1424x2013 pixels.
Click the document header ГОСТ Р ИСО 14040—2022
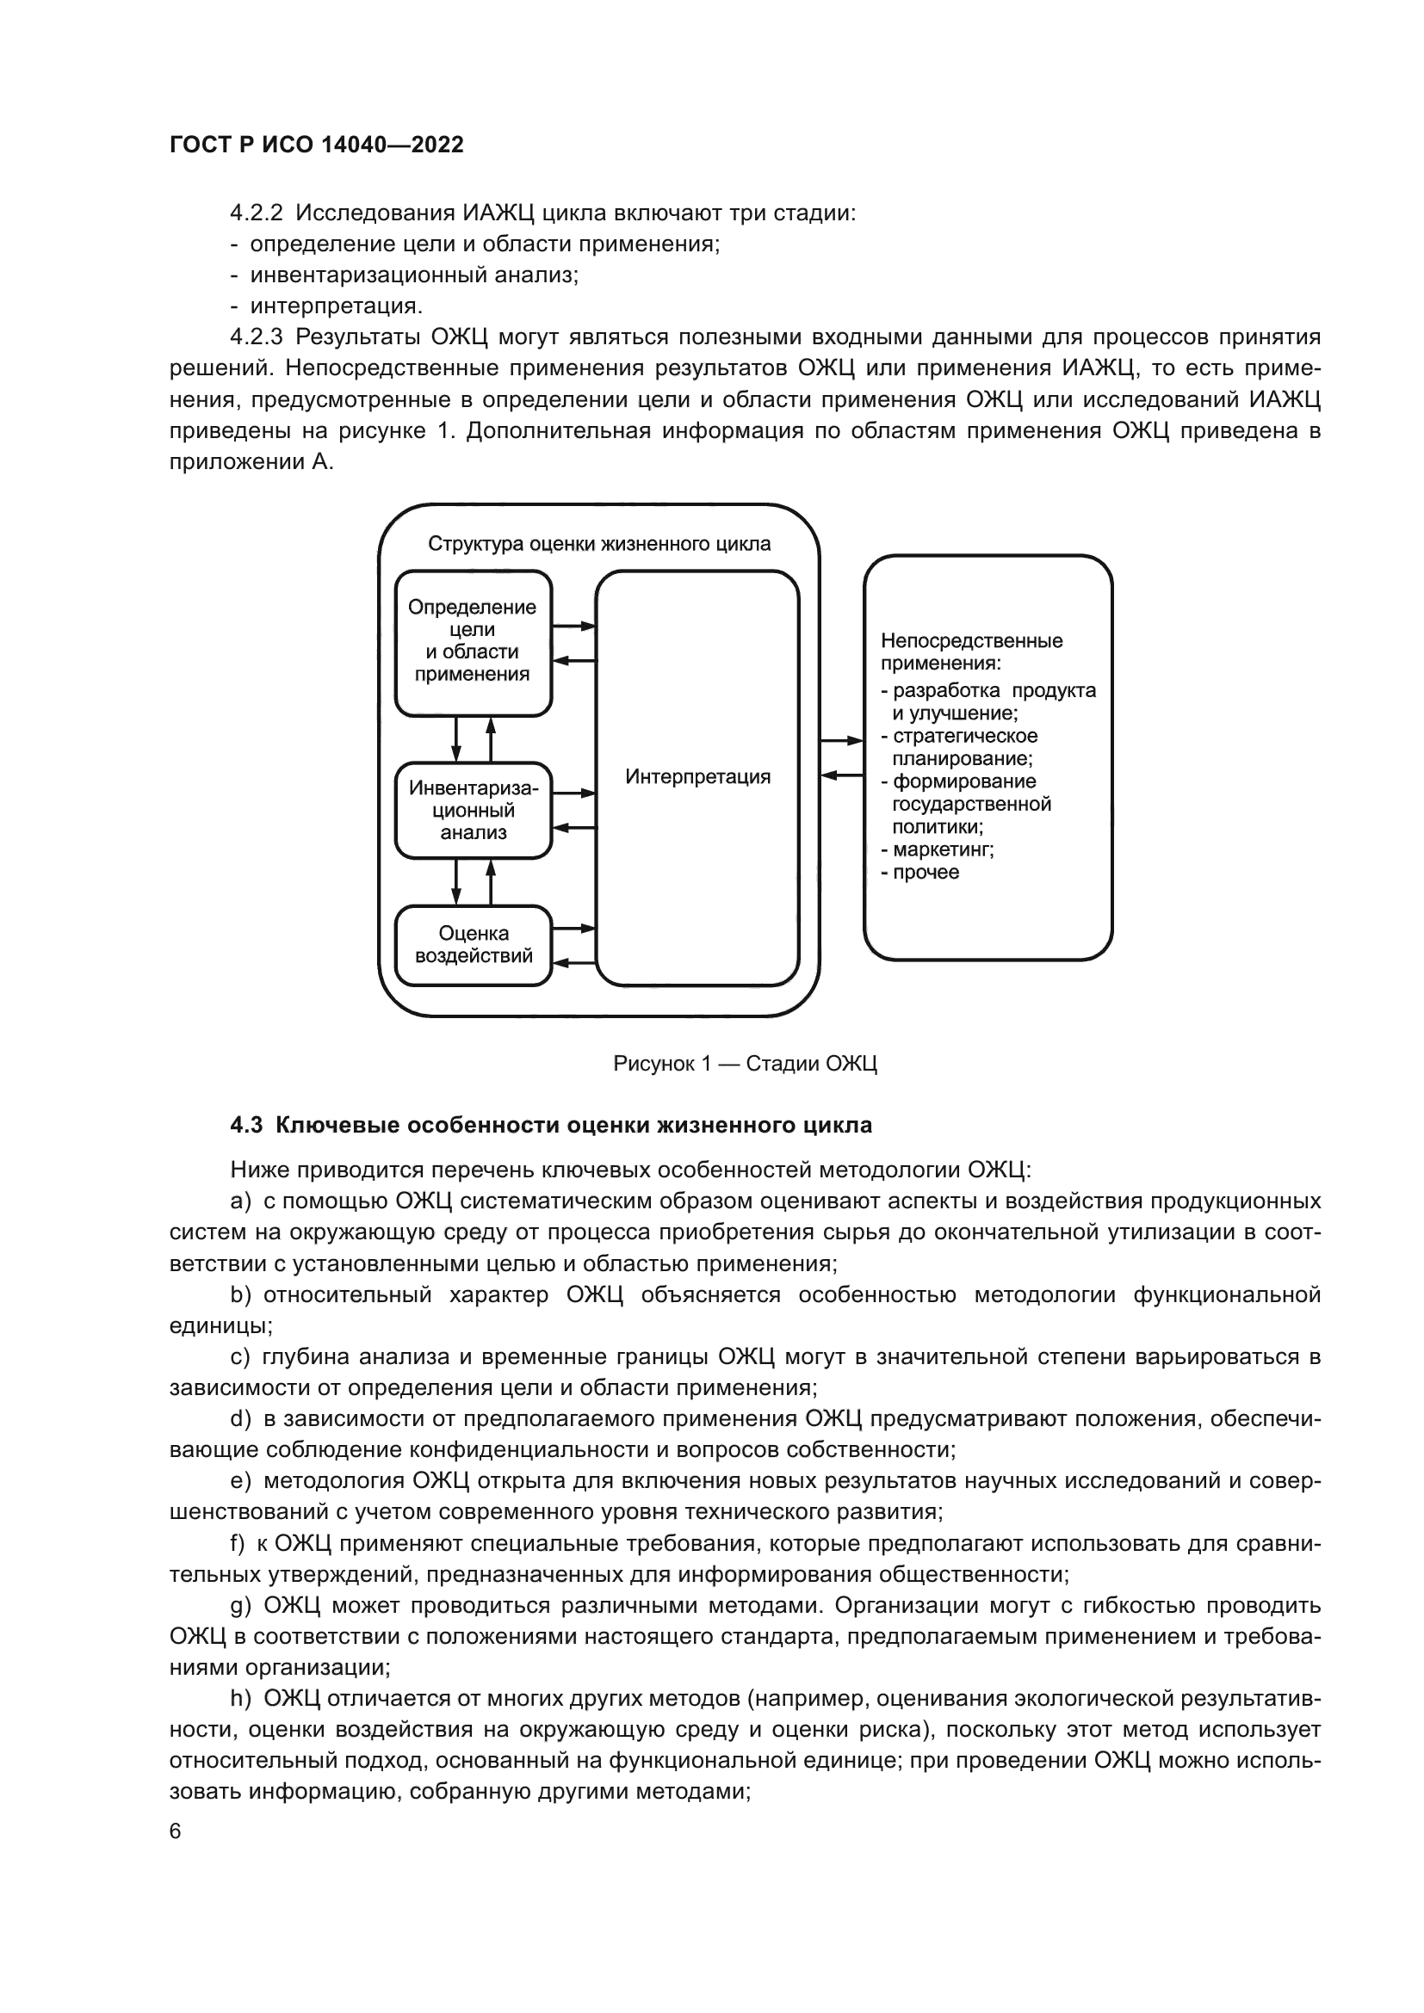coord(317,145)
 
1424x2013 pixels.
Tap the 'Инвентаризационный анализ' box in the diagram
coord(473,810)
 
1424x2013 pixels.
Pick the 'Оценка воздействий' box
coord(473,945)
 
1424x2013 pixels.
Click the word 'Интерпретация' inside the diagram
coord(698,777)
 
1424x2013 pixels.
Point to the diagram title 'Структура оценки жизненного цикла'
coord(599,545)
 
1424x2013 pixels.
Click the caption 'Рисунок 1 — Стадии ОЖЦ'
coord(745,1065)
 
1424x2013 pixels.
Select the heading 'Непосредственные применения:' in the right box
coord(970,652)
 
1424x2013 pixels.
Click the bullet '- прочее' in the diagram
coord(920,873)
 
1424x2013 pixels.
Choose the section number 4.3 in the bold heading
coord(246,1126)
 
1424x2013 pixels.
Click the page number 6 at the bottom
coord(176,1831)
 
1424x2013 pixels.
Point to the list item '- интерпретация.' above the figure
coord(327,306)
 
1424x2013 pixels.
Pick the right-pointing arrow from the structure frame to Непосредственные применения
coord(842,742)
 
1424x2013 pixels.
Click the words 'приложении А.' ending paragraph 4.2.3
coord(251,462)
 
